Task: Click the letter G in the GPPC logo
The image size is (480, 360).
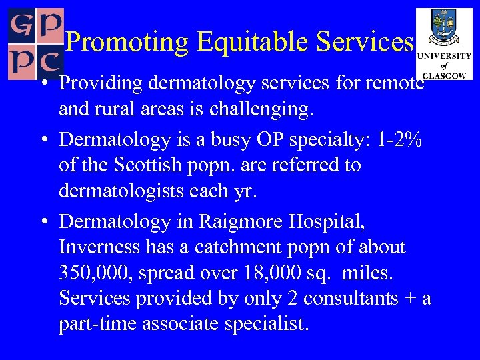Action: tap(21, 24)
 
